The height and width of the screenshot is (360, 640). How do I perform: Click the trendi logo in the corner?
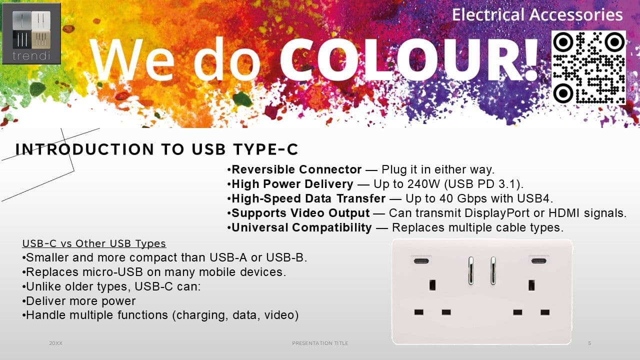point(31,33)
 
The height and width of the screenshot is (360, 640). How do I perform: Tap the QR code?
point(588,67)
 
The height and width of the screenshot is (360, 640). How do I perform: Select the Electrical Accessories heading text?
point(537,15)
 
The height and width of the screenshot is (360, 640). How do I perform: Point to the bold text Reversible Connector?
point(296,169)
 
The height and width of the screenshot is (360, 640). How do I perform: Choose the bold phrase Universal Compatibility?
point(301,227)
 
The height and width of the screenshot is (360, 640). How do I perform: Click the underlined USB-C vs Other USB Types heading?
point(94,243)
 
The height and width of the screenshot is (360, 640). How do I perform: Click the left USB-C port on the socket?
point(421,261)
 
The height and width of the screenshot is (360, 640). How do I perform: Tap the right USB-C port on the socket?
point(539,261)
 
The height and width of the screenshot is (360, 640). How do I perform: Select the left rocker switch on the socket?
point(470,270)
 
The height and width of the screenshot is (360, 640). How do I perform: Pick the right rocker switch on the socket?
point(493,270)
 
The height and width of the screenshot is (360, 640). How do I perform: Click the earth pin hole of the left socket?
point(432,285)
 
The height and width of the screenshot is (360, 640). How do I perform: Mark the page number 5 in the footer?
point(589,343)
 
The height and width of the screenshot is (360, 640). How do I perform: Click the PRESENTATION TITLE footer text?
point(320,343)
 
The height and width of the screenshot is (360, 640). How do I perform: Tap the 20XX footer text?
point(55,343)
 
